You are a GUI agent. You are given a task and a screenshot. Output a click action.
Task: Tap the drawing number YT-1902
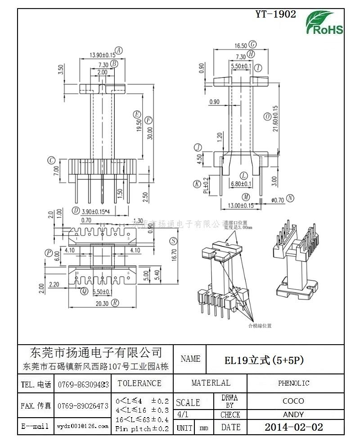point(275,14)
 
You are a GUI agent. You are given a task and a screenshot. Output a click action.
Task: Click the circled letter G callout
point(253,45)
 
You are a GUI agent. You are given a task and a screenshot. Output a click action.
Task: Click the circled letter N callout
point(290,198)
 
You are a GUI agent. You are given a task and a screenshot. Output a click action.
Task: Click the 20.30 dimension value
point(102,303)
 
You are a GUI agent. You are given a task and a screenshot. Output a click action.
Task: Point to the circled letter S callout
point(173,241)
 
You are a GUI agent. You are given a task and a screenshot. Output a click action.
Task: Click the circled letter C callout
point(52,160)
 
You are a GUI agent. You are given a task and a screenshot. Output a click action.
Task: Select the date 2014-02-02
point(293,427)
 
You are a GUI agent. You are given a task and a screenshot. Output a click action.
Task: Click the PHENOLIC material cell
point(293,383)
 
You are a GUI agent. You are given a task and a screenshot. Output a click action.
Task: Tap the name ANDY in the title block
point(293,414)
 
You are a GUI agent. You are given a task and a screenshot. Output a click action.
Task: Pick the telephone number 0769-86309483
point(83,385)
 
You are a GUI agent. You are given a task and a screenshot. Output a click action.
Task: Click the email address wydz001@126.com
point(82,426)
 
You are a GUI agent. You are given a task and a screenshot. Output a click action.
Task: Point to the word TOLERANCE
point(139,383)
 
